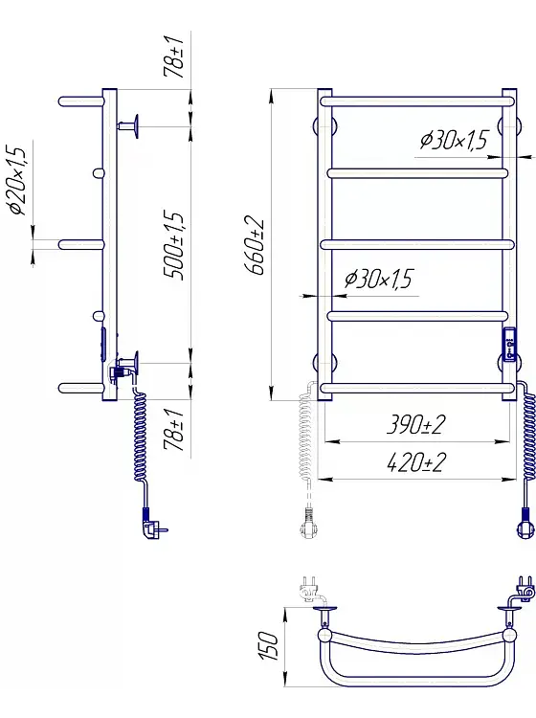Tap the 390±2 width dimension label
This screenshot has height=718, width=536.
(415, 425)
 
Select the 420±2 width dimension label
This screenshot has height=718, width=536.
(415, 462)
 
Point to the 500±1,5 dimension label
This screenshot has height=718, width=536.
(174, 246)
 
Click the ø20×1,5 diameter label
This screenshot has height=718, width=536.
(17, 181)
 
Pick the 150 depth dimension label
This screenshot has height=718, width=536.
(269, 645)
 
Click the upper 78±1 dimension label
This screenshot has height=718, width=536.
(174, 56)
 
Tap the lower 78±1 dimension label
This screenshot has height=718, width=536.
(174, 431)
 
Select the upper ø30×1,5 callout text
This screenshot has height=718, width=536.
(454, 140)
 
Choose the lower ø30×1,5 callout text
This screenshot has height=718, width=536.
(378, 279)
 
